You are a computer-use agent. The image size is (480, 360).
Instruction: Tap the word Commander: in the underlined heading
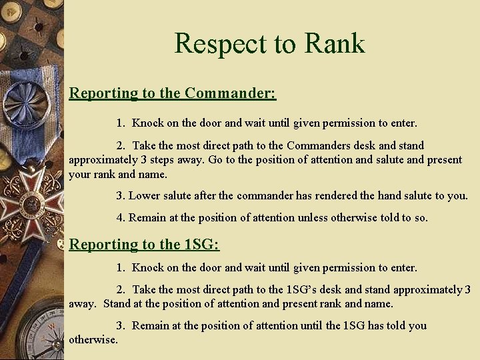[231, 93]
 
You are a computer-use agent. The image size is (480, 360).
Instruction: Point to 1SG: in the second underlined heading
[201, 244]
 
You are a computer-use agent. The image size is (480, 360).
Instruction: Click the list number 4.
[120, 217]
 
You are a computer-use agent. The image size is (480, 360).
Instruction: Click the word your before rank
[80, 175]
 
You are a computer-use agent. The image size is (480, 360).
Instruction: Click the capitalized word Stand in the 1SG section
[117, 304]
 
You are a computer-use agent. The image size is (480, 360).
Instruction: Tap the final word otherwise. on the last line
[93, 340]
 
